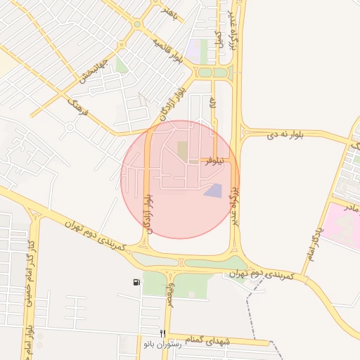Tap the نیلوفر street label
click(217, 161)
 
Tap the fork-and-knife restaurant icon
click(162, 333)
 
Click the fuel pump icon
click(135, 282)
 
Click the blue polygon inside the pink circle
click(212, 191)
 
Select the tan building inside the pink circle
click(183, 150)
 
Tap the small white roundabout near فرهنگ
click(70, 127)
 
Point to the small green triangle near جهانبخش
click(121, 67)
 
